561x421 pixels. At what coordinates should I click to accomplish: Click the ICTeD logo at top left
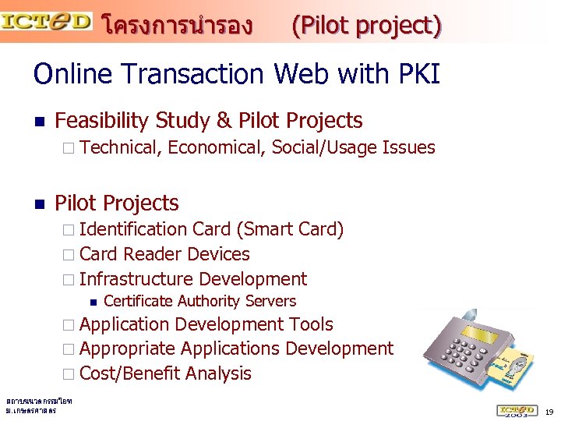[x=47, y=20]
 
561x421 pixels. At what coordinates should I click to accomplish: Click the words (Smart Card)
[x=290, y=229]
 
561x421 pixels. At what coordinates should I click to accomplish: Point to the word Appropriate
[x=128, y=348]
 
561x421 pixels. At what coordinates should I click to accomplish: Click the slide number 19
[x=549, y=412]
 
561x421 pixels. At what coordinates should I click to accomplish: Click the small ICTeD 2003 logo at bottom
[x=517, y=410]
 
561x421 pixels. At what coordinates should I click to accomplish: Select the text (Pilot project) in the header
[x=366, y=27]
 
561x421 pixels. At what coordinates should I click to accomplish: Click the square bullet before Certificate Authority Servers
[x=93, y=302]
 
